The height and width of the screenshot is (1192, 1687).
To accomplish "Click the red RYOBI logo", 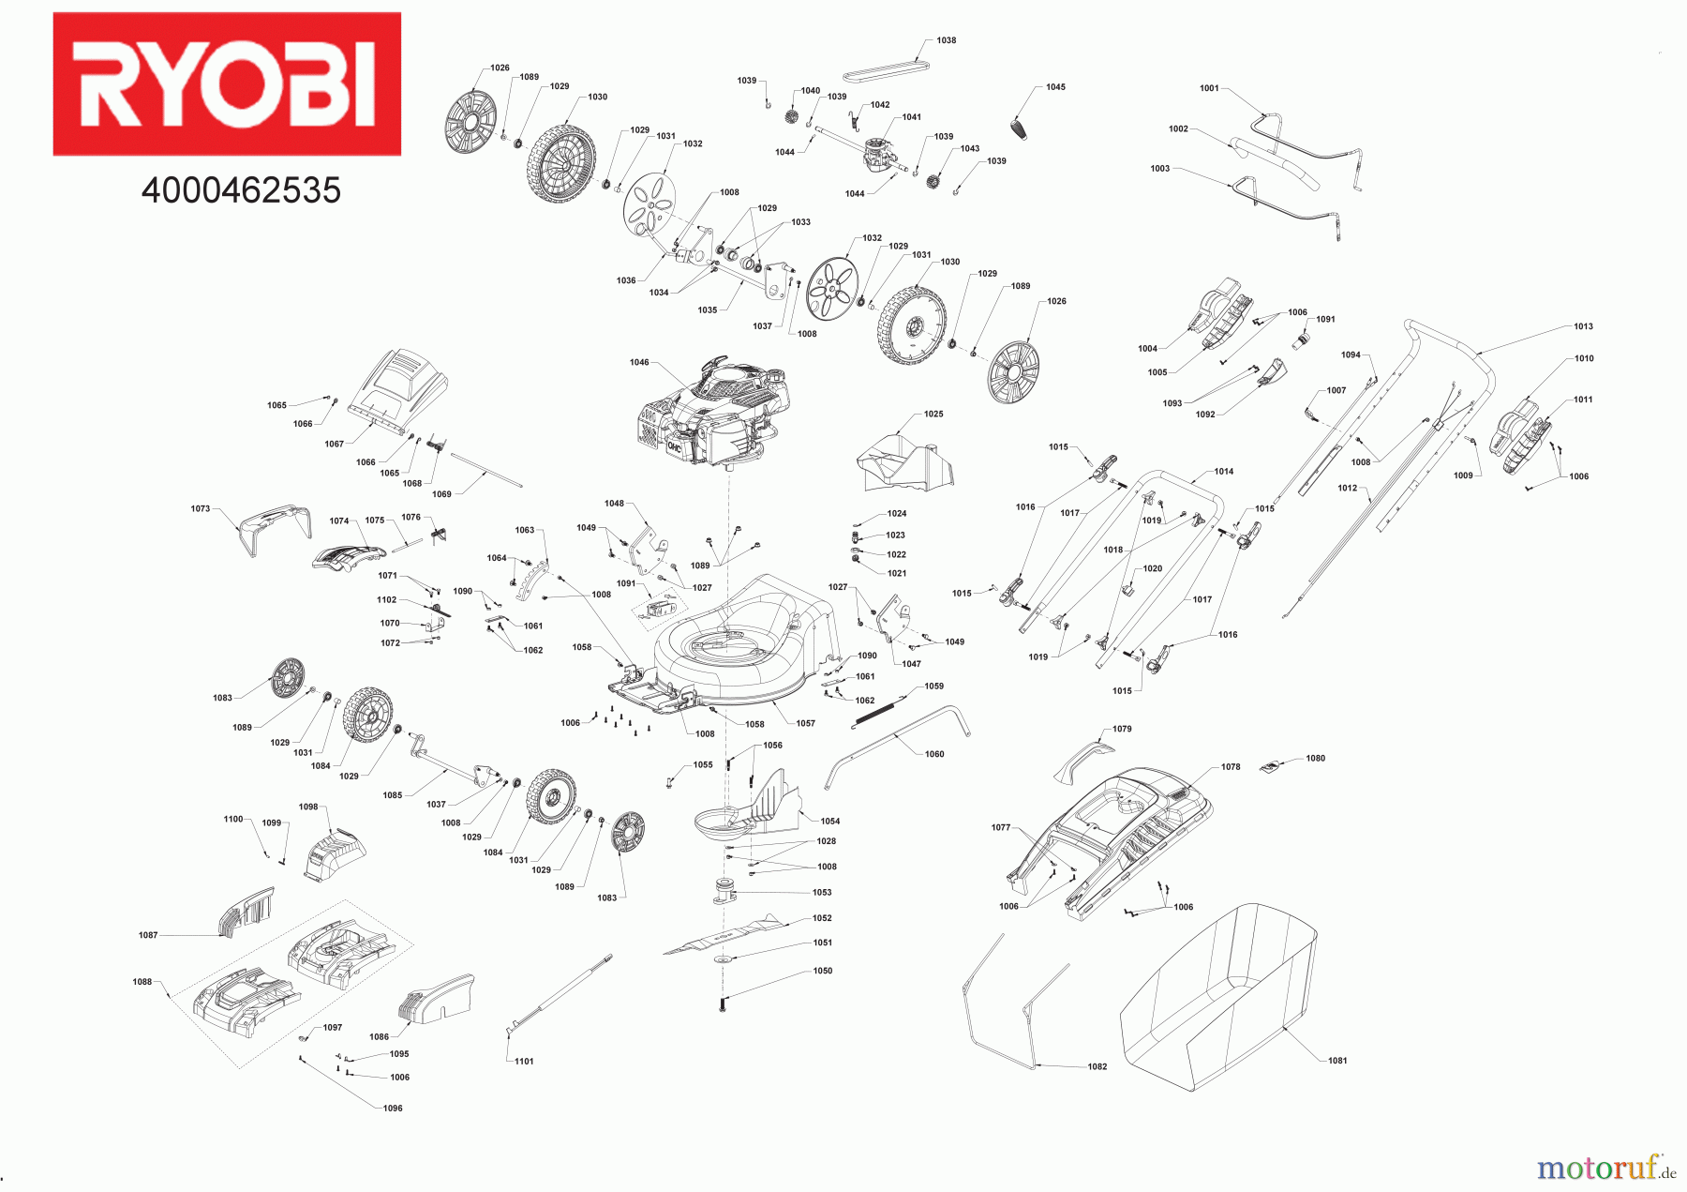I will click(x=227, y=83).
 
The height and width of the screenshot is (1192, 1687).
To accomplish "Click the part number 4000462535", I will click(x=241, y=190).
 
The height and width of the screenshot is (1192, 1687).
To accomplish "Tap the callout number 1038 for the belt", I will click(x=947, y=40).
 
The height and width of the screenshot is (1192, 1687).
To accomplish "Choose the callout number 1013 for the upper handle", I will click(x=1583, y=326).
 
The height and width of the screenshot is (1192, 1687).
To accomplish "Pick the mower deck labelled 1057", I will click(x=740, y=647).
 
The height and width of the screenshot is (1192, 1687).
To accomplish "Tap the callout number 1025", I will click(x=933, y=414).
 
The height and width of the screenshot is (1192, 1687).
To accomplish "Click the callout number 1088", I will click(x=142, y=982).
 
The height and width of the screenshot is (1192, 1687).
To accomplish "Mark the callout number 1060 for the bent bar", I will click(x=934, y=754).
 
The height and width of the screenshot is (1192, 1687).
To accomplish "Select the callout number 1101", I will click(x=524, y=1061).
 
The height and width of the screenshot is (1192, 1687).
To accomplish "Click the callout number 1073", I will click(x=201, y=508).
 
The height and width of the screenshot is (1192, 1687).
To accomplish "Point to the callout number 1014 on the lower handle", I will click(x=1224, y=472).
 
